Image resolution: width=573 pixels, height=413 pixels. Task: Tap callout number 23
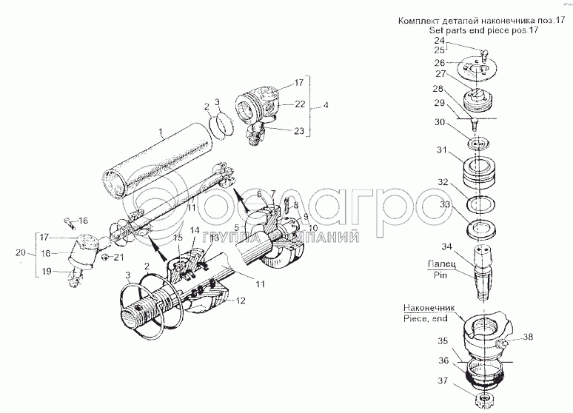(299, 131)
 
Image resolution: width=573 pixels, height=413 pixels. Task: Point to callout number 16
(84, 221)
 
